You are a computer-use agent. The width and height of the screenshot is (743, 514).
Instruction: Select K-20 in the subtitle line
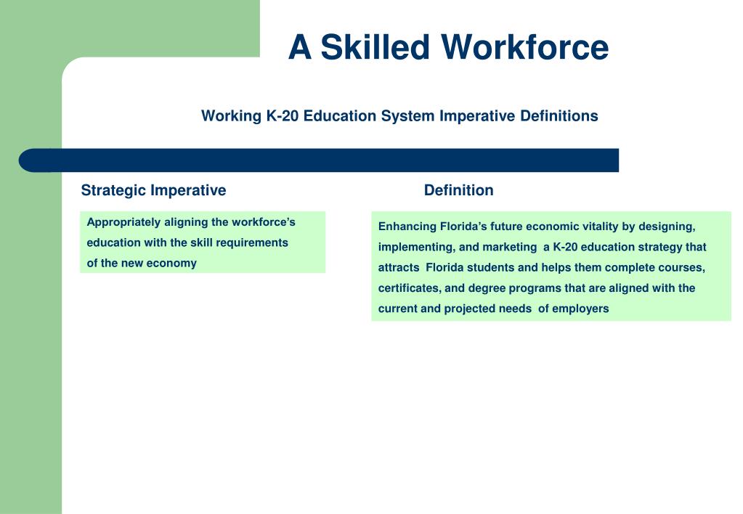pyautogui.click(x=283, y=116)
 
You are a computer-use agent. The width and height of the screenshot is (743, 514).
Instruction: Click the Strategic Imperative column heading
pyautogui.click(x=153, y=190)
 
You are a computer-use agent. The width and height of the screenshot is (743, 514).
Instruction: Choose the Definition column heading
pyautogui.click(x=458, y=190)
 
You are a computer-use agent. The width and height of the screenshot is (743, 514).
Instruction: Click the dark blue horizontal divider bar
pyautogui.click(x=320, y=160)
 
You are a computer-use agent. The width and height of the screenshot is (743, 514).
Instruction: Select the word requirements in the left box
pyautogui.click(x=251, y=242)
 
